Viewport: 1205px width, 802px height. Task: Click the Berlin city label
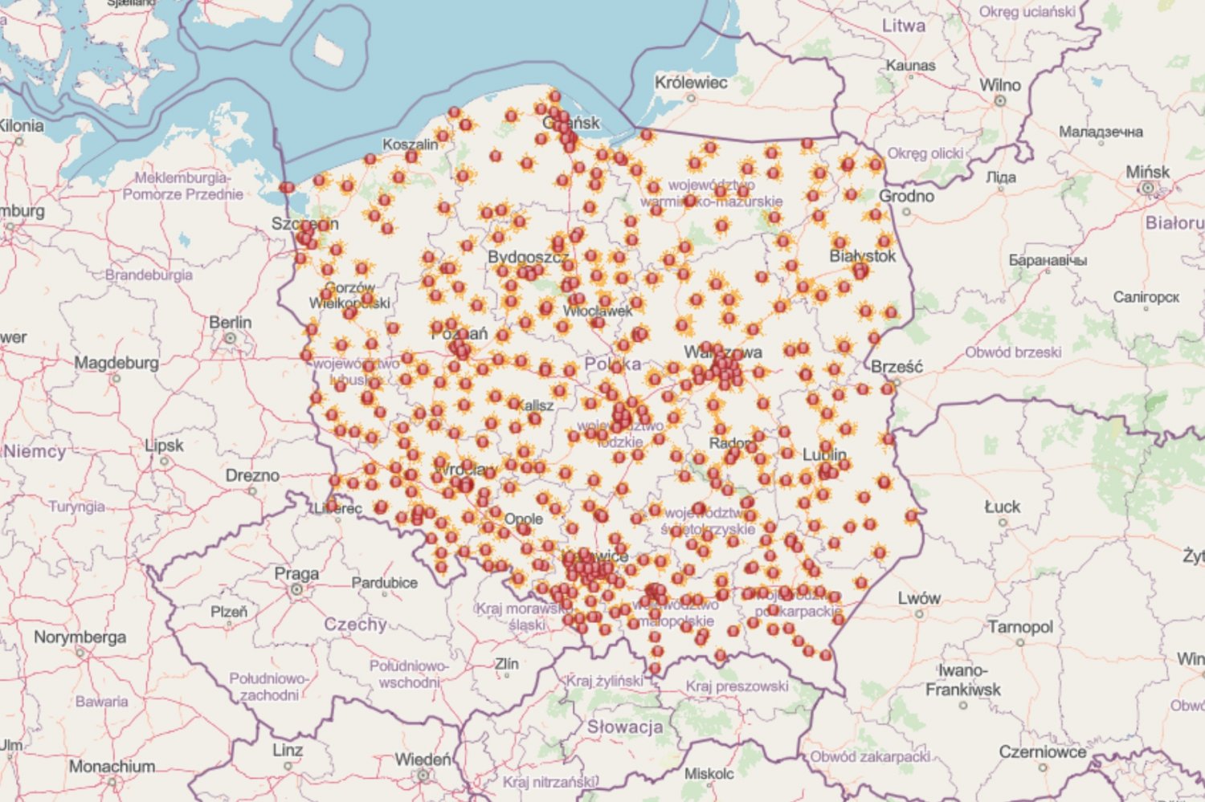(230, 322)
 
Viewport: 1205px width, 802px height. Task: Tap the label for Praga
(296, 573)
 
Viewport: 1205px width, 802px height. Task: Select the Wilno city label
(999, 85)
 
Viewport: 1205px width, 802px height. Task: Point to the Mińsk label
(1147, 172)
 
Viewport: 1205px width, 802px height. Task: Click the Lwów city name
(919, 598)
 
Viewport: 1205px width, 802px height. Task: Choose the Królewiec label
(691, 82)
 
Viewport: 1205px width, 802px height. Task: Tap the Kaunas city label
(910, 65)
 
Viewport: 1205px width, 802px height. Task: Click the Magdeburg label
(116, 363)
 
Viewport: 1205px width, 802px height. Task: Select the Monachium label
(111, 766)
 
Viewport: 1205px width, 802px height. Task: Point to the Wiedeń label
(423, 759)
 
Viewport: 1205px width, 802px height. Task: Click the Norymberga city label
(80, 637)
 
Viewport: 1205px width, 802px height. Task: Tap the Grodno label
(906, 196)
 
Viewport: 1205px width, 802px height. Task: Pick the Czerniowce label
(1042, 751)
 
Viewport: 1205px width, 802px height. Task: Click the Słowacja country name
(625, 727)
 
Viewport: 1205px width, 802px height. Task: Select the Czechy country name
(355, 624)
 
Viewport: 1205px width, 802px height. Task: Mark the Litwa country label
(904, 26)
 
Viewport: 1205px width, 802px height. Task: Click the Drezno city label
(252, 475)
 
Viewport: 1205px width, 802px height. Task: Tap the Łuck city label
(1002, 507)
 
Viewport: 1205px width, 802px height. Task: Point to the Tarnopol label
(1019, 626)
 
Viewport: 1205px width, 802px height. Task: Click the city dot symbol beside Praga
(296, 589)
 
